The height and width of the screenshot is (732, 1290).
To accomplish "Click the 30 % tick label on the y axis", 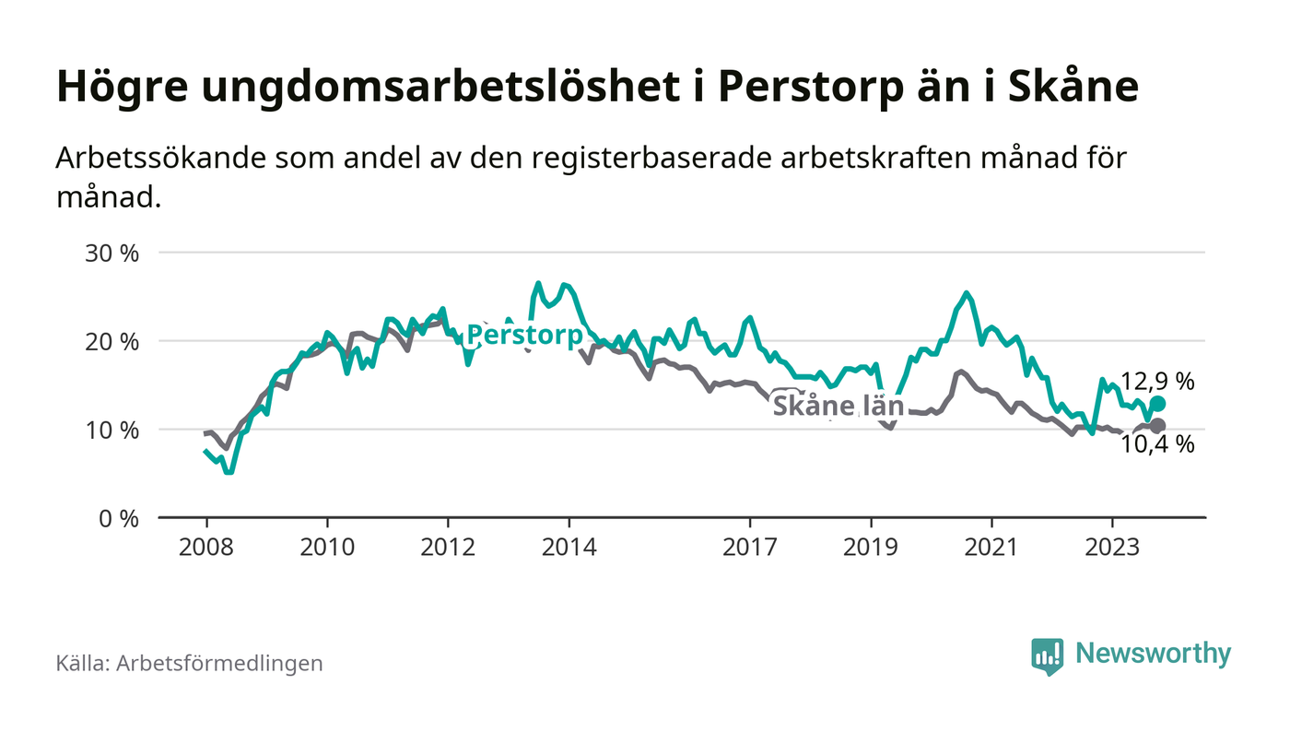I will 113,253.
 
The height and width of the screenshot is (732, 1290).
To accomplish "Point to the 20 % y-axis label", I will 113,341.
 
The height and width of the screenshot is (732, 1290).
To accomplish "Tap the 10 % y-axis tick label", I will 113,430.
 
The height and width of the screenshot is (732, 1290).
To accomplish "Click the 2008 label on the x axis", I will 206,546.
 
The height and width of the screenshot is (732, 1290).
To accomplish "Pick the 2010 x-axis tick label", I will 327,546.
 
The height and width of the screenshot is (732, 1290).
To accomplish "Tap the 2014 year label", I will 569,546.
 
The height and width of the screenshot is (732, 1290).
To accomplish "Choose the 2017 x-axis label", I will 750,546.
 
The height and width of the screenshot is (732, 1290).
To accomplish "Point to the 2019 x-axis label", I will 871,546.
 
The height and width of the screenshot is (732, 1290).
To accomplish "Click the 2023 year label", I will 1112,546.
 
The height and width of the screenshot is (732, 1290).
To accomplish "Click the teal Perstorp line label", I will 524,335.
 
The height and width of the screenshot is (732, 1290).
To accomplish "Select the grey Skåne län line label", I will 837,407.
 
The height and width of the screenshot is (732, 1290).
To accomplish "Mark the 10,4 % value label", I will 1157,445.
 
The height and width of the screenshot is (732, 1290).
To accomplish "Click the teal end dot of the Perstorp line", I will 1158,404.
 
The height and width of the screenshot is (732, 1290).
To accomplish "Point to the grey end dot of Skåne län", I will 1158,426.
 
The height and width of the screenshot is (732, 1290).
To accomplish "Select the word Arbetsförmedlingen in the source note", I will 219,663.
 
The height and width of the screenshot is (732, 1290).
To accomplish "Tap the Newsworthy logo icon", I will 1047,655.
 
